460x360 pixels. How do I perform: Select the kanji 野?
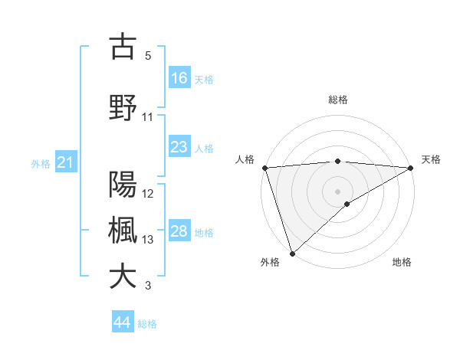coord(123,107)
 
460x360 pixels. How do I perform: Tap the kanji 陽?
coord(123,185)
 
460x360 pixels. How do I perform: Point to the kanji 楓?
coord(123,231)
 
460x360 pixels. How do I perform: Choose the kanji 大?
coord(123,277)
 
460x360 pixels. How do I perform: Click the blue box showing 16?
coord(179,77)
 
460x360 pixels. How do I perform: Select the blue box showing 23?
coord(179,147)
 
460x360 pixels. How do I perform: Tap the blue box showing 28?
coord(179,231)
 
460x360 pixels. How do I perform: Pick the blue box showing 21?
coord(65,162)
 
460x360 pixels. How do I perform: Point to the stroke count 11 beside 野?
coord(148,117)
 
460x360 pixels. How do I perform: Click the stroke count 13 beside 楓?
coord(148,240)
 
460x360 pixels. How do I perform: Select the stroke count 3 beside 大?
coord(148,286)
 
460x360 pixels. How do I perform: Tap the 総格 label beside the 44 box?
coord(147,324)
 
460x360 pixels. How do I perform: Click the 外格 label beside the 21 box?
coord(41,164)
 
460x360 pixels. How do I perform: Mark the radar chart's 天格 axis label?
coord(432,159)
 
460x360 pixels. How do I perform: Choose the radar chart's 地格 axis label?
coord(402,262)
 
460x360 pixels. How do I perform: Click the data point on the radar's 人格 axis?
coord(264,168)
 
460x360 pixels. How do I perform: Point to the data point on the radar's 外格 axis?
coord(292,253)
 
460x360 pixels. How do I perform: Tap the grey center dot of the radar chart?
coord(337,191)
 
